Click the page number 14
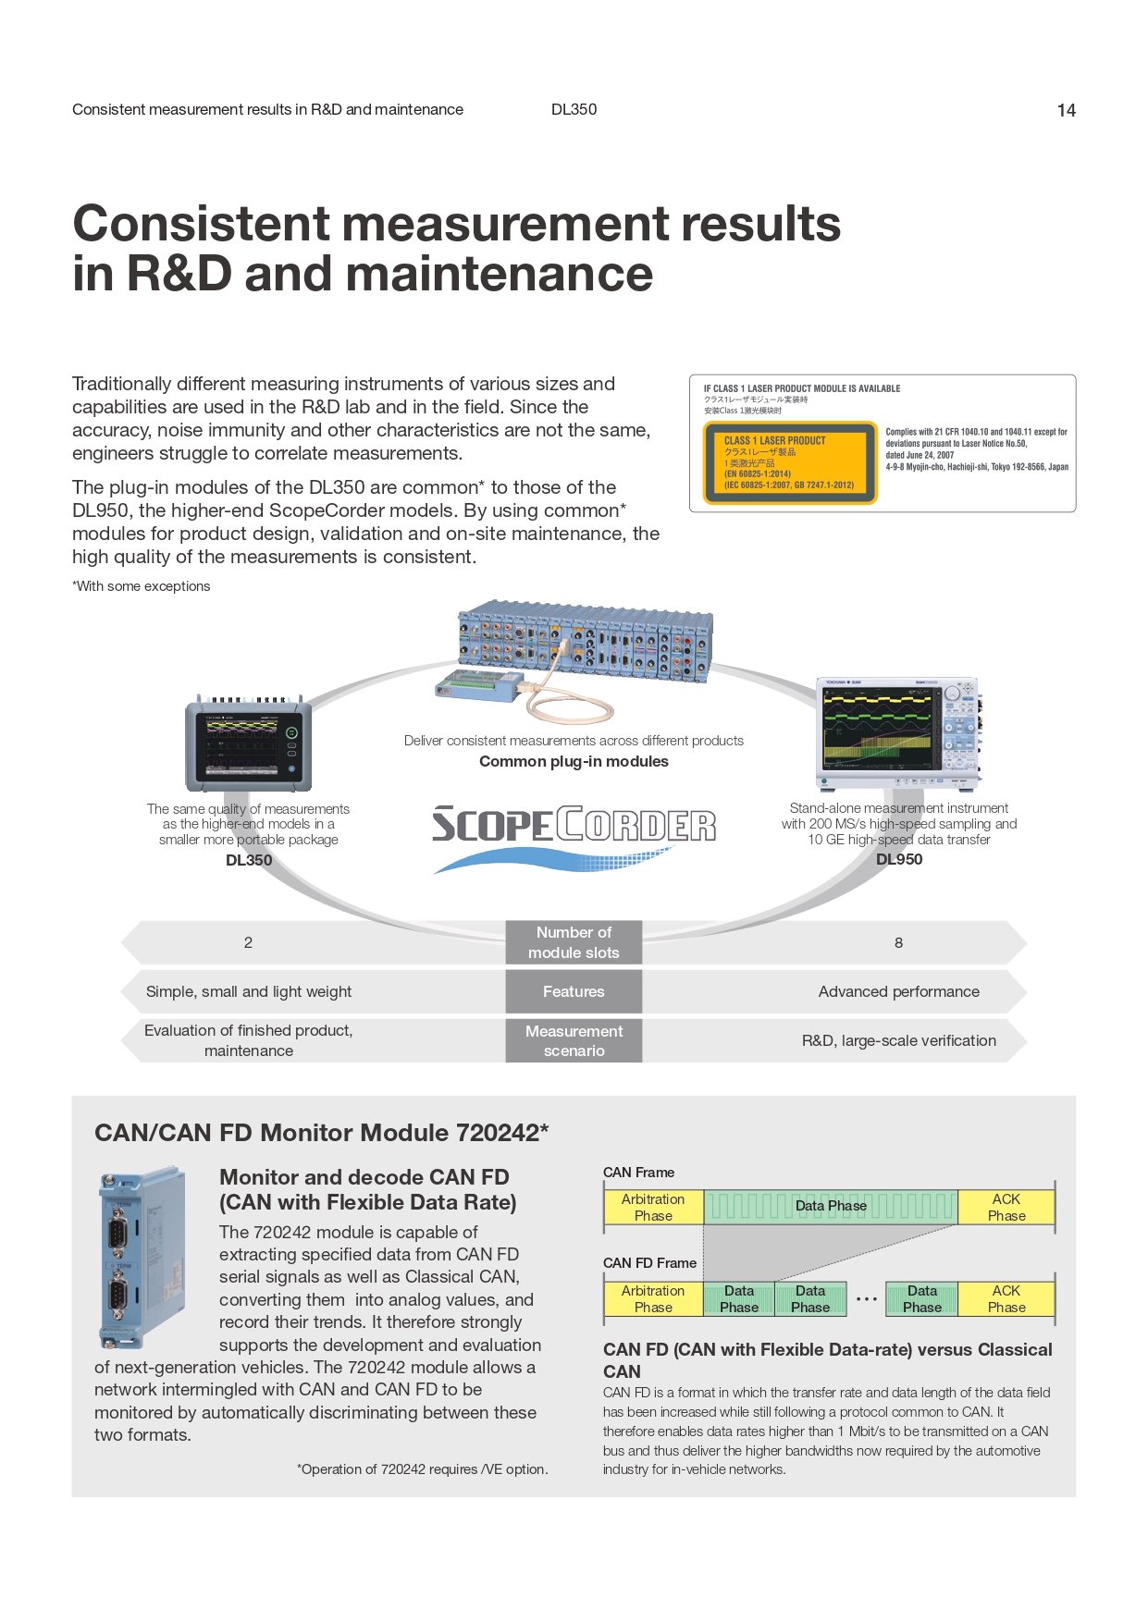pyautogui.click(x=1066, y=111)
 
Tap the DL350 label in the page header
pyautogui.click(x=574, y=109)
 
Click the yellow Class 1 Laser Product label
pyautogui.click(x=790, y=462)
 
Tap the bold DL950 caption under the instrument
pyautogui.click(x=899, y=859)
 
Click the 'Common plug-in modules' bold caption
pyautogui.click(x=574, y=762)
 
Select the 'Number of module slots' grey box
pyautogui.click(x=574, y=942)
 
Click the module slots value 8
pyautogui.click(x=898, y=943)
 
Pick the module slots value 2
pyautogui.click(x=248, y=943)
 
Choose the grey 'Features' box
pyautogui.click(x=574, y=991)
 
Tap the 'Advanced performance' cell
pyautogui.click(x=898, y=991)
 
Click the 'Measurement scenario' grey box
pyautogui.click(x=574, y=1040)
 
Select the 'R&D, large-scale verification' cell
pyautogui.click(x=898, y=1040)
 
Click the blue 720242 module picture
pyautogui.click(x=142, y=1258)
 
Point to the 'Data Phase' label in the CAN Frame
pyautogui.click(x=831, y=1206)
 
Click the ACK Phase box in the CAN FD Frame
pyautogui.click(x=1006, y=1298)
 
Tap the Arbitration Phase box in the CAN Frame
pyautogui.click(x=653, y=1207)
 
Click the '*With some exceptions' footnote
pyautogui.click(x=142, y=586)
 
